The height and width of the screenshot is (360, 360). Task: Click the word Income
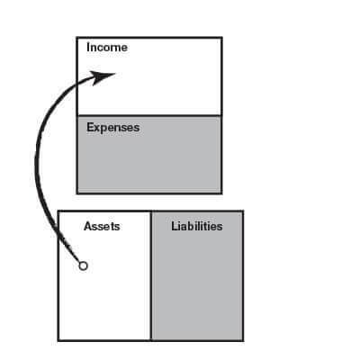(x=107, y=48)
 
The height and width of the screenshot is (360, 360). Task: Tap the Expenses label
(x=113, y=128)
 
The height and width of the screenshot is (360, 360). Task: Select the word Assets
(x=102, y=226)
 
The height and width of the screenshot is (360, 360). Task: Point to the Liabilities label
(x=197, y=226)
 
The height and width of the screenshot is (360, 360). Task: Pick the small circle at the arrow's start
(x=84, y=265)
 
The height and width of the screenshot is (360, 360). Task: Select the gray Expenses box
(x=149, y=155)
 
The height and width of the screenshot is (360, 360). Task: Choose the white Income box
(x=149, y=76)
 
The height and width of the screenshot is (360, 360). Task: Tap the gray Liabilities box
(x=197, y=276)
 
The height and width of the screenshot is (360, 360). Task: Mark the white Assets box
(x=104, y=276)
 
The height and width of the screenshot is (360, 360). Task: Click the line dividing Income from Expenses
(x=149, y=116)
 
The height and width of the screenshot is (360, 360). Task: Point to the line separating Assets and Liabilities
(x=151, y=276)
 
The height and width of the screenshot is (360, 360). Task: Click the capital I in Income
(x=88, y=48)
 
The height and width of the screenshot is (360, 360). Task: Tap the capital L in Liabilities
(x=175, y=226)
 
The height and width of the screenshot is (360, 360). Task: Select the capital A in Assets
(x=88, y=226)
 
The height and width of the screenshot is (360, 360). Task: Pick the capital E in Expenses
(x=90, y=127)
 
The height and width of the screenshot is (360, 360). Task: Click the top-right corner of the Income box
(x=221, y=38)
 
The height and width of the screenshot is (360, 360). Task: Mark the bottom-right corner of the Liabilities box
(x=243, y=340)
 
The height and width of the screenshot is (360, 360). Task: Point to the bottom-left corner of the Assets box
(x=58, y=340)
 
